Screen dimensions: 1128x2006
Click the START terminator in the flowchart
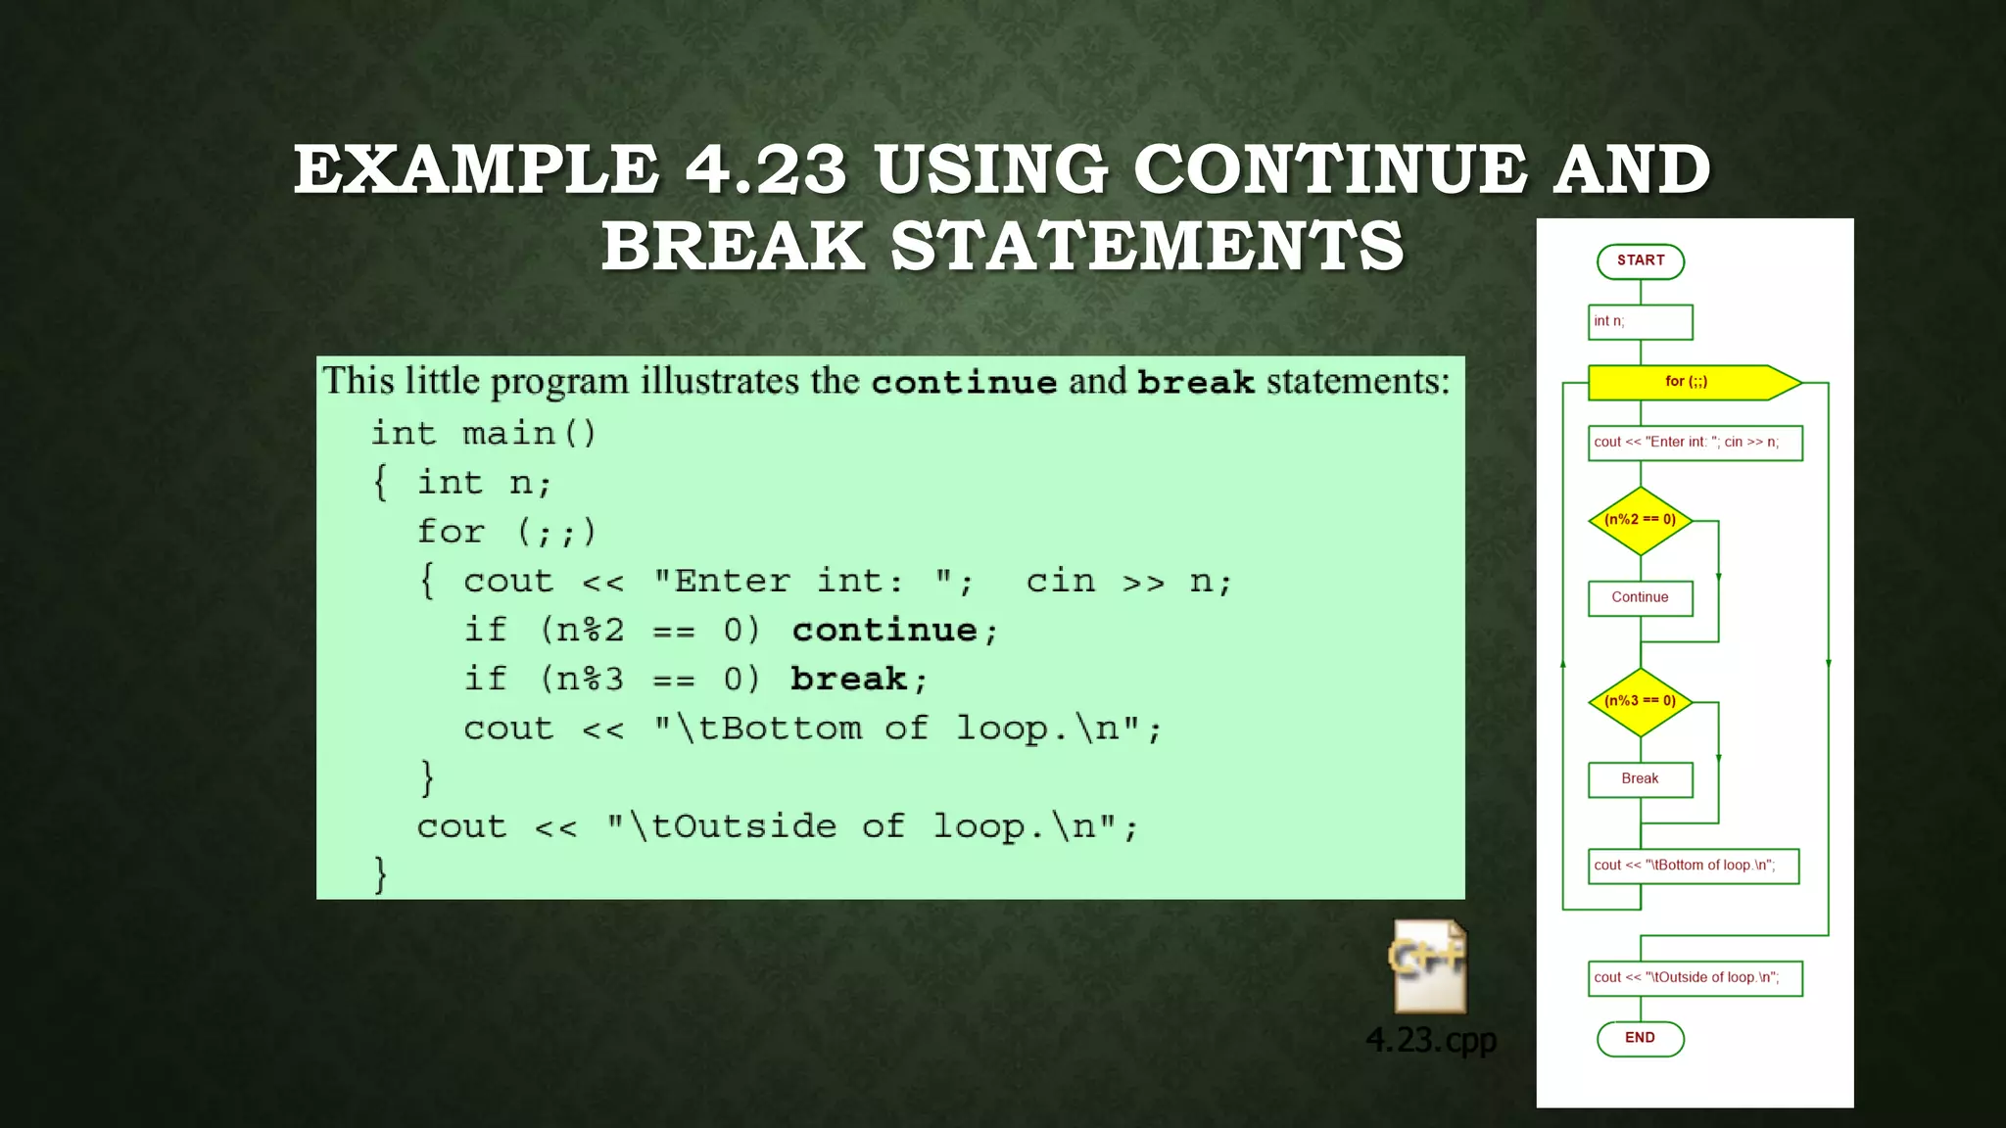(1640, 261)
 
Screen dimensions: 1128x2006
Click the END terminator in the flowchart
(1640, 1038)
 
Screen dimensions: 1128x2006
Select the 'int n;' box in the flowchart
(1640, 322)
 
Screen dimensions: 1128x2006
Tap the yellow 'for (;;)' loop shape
(1687, 382)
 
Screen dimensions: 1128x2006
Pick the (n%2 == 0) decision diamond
(1640, 520)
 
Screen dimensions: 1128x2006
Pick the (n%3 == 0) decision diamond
(1640, 701)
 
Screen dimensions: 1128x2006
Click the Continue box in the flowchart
(1640, 597)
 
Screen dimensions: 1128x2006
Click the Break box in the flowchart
(1640, 779)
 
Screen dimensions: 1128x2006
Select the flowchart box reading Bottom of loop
(1693, 866)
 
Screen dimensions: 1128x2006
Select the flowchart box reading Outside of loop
(1695, 978)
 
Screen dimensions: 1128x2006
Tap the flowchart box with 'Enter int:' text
(1695, 443)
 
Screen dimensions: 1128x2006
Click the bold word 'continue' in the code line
(884, 631)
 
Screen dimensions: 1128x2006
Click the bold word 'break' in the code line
(848, 680)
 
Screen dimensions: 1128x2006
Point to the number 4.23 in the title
(765, 168)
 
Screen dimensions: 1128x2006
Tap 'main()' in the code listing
(529, 434)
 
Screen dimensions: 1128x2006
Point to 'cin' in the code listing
(1061, 582)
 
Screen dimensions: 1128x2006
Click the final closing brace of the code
(381, 873)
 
